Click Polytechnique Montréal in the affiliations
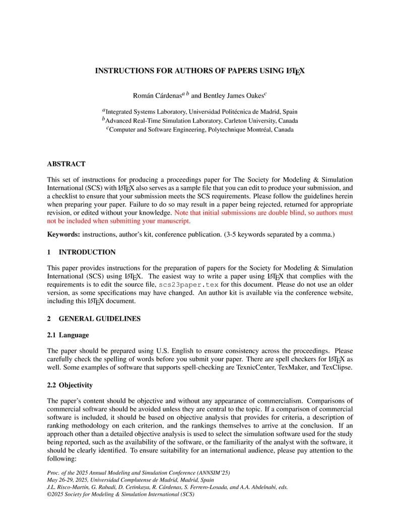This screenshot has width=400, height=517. click(237, 130)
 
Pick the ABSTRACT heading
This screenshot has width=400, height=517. click(66, 164)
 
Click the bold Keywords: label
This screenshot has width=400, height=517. click(63, 234)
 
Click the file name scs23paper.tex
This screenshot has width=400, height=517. click(188, 285)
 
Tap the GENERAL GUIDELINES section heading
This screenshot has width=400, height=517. click(100, 318)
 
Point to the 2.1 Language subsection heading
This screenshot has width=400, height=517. click(68, 335)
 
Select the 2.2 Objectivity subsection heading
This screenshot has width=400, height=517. click(70, 385)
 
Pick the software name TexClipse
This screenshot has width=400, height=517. click(337, 367)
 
